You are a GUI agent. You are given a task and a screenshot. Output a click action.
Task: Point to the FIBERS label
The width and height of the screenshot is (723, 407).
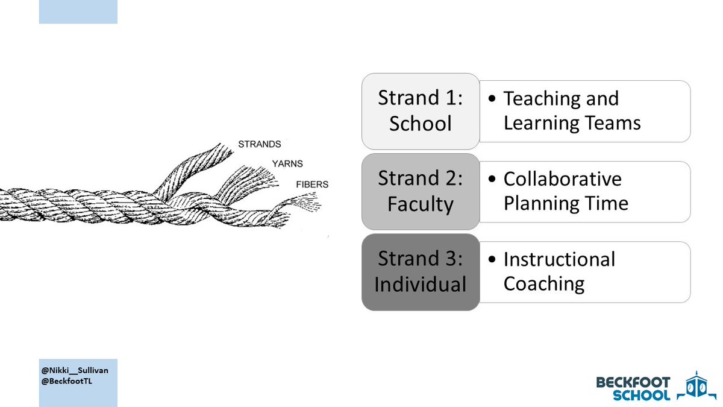[313, 184]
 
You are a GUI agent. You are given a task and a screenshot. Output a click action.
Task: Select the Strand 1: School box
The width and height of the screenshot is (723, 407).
[420, 111]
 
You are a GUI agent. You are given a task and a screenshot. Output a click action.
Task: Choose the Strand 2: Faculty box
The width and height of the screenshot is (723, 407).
[420, 191]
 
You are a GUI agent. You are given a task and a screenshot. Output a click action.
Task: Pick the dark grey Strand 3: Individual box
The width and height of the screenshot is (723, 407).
[420, 271]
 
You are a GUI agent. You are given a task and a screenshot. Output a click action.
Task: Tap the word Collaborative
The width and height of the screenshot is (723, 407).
[562, 179]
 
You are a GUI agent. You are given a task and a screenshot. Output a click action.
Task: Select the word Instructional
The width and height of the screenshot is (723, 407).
[559, 259]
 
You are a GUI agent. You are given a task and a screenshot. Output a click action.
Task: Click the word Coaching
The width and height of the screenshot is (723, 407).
[544, 283]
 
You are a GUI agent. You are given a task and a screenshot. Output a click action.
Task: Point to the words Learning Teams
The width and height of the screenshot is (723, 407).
[572, 123]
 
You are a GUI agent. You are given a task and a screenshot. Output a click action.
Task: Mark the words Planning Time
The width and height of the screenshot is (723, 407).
[566, 203]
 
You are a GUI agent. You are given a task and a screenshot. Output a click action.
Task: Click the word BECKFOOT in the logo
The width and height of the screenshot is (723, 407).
[633, 382]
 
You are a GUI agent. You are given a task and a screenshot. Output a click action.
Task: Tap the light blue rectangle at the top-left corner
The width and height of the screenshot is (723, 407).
[78, 12]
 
